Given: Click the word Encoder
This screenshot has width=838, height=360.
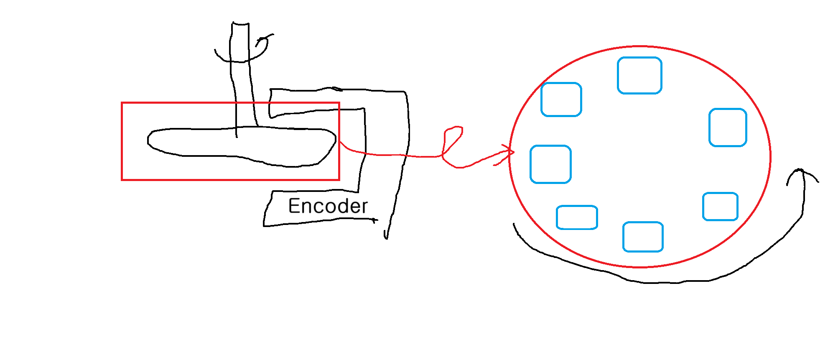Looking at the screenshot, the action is pyautogui.click(x=328, y=206).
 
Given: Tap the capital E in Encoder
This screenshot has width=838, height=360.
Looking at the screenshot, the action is pyautogui.click(x=294, y=206).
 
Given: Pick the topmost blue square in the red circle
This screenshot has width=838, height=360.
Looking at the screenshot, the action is pyautogui.click(x=639, y=75).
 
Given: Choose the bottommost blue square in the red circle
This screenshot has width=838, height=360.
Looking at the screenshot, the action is pyautogui.click(x=643, y=237).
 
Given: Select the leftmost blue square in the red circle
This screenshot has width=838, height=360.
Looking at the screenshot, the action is pyautogui.click(x=550, y=164).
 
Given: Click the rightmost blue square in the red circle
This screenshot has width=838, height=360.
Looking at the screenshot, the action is pyautogui.click(x=728, y=128).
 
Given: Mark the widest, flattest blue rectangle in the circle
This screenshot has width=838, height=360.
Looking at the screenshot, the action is pyautogui.click(x=577, y=217).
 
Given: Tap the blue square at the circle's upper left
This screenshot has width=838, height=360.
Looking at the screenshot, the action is pyautogui.click(x=561, y=100).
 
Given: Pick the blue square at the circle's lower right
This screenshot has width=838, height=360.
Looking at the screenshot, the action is pyautogui.click(x=720, y=207).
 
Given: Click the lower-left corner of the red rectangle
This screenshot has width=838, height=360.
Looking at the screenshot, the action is pyautogui.click(x=122, y=180).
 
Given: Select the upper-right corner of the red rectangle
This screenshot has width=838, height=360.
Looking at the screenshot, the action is pyautogui.click(x=339, y=103).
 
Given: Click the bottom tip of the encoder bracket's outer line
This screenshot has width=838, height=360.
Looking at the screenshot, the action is pyautogui.click(x=386, y=238).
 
